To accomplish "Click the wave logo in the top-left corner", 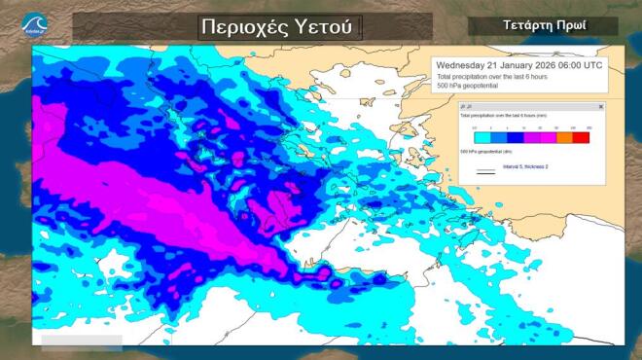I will tap(33, 22).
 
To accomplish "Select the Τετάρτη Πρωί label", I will tap(542, 25).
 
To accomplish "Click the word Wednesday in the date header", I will tap(462, 65).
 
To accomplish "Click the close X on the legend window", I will tap(600, 106).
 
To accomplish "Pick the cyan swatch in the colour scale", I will tap(482, 137).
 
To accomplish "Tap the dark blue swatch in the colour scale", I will tap(515, 137).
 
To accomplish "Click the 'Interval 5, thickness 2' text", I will tap(525, 166).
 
